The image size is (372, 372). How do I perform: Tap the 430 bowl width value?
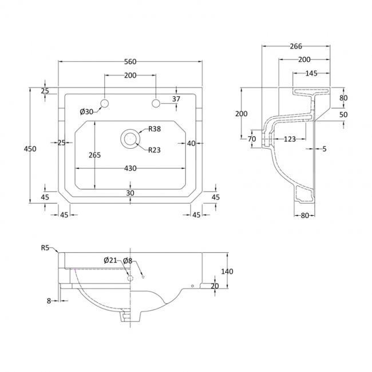point(131,168)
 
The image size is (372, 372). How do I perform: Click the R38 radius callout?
point(155,129)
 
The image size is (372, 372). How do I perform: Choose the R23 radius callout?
point(155,151)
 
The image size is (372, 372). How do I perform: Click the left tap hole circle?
point(105,103)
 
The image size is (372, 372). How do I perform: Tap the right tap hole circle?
point(156,103)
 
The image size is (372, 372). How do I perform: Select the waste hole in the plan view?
point(130,138)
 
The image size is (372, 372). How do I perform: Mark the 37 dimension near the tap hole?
point(176,99)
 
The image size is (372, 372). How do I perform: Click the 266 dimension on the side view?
point(296,47)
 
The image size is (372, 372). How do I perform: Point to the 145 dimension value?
point(311,73)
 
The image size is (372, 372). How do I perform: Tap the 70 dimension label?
point(251,138)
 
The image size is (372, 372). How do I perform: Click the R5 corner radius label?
point(46,248)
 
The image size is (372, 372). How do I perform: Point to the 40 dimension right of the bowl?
point(192,143)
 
